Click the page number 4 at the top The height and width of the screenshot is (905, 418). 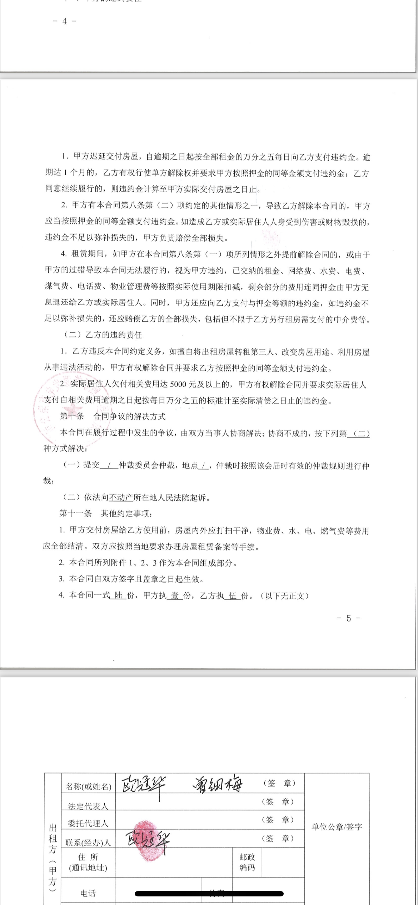point(64,21)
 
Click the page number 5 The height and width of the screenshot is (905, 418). point(348,618)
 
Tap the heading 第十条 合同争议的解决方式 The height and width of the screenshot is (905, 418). point(113,416)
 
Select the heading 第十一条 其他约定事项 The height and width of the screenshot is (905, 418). point(106,514)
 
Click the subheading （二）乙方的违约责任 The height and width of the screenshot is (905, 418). point(103,335)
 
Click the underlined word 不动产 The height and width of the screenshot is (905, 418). point(121,498)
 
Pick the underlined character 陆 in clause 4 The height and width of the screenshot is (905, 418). point(118,595)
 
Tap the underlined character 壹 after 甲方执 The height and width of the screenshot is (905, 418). point(175,595)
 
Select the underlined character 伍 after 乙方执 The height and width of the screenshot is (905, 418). point(233,595)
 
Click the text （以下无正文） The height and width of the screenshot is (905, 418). point(285,595)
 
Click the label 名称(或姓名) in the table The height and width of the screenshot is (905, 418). point(89,786)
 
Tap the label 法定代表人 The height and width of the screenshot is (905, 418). point(88,806)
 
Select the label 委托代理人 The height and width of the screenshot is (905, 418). point(88,824)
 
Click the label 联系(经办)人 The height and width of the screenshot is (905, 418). point(88,842)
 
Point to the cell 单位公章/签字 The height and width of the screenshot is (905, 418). point(337,827)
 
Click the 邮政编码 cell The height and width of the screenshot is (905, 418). point(247,862)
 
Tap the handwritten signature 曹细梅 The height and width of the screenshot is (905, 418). point(218,785)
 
